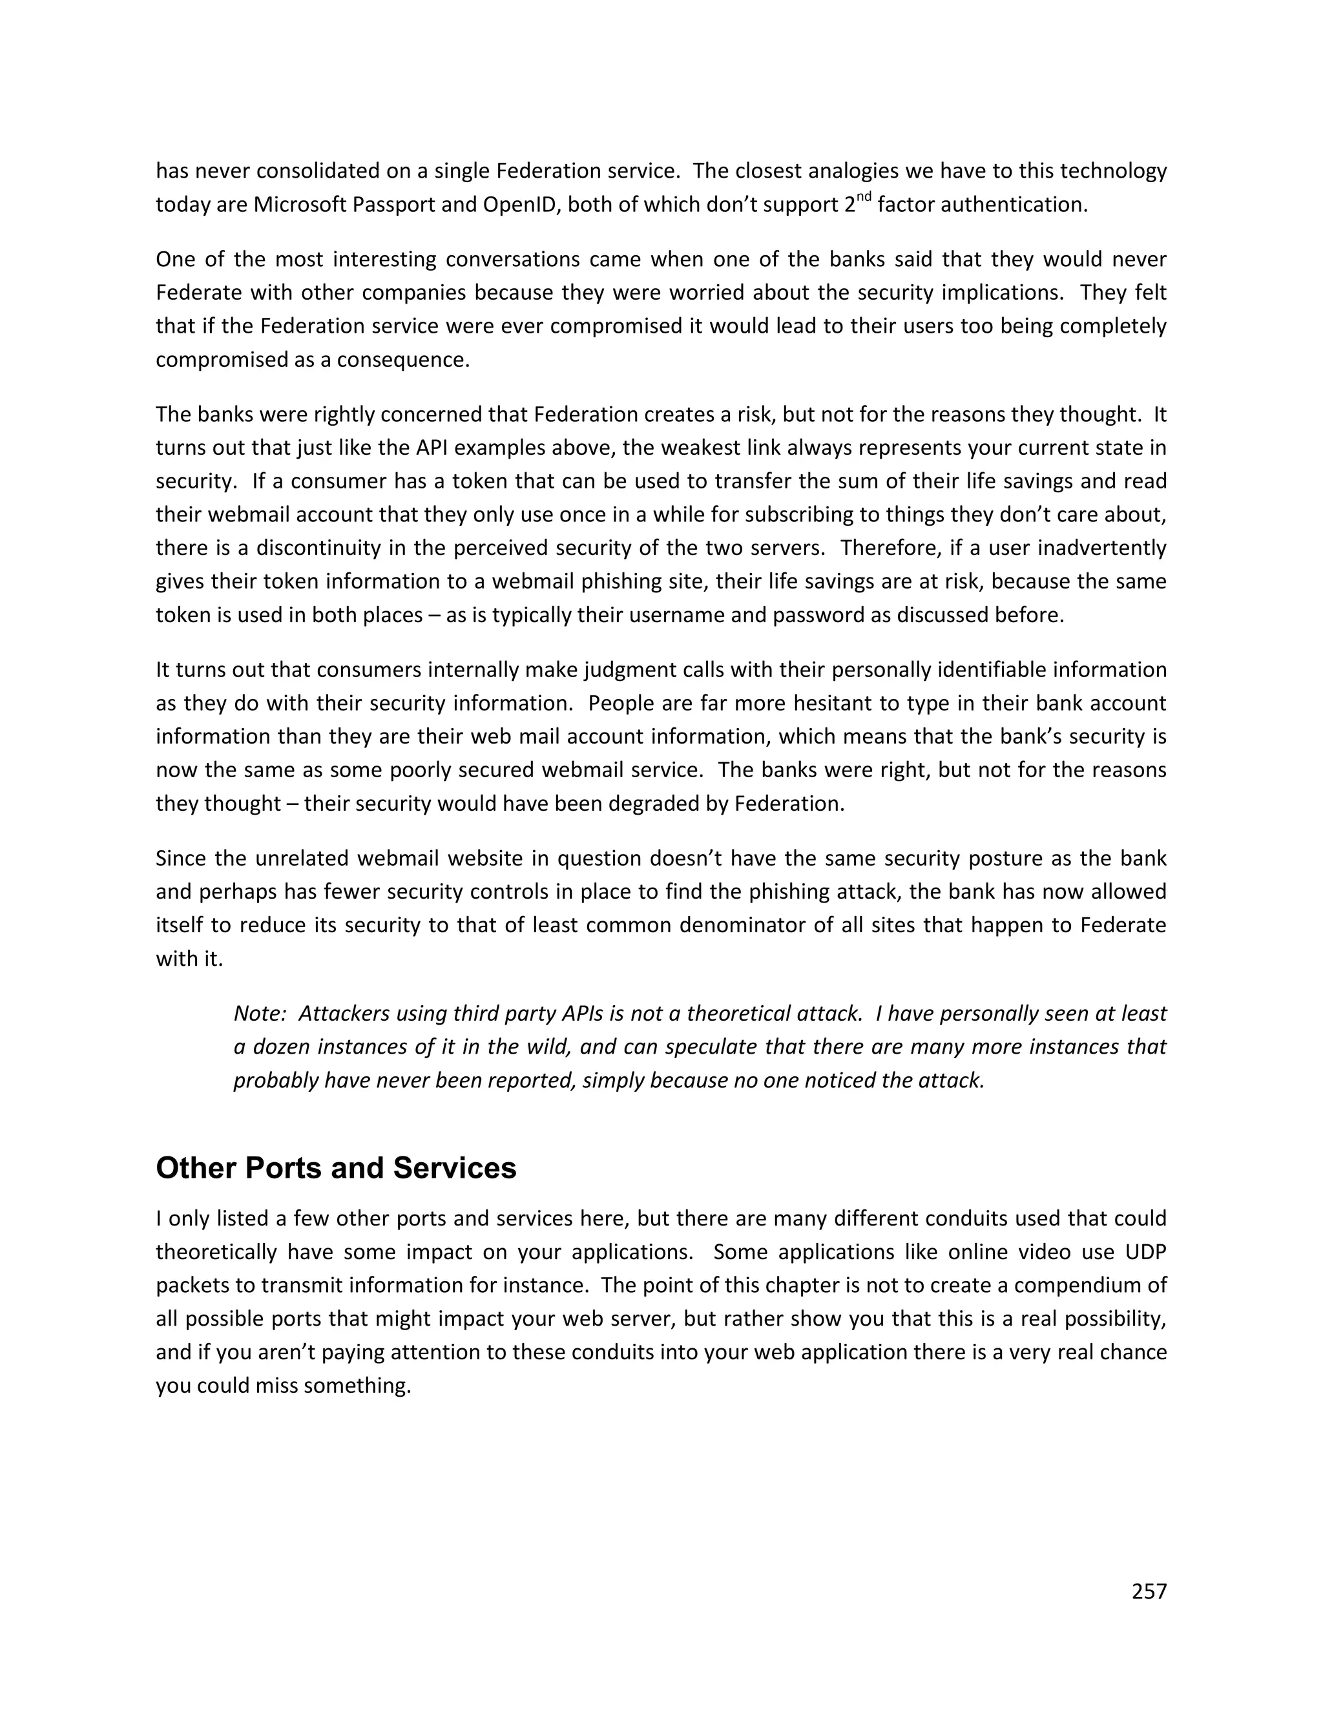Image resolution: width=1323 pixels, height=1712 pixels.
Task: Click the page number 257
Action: (x=1149, y=1591)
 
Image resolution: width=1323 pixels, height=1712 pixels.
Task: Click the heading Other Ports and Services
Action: (x=335, y=1168)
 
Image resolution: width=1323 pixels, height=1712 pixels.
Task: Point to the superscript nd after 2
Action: (x=863, y=198)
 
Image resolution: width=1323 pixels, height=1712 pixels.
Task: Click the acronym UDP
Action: (x=1145, y=1252)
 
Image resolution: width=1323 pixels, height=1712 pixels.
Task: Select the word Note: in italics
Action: (x=260, y=1014)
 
